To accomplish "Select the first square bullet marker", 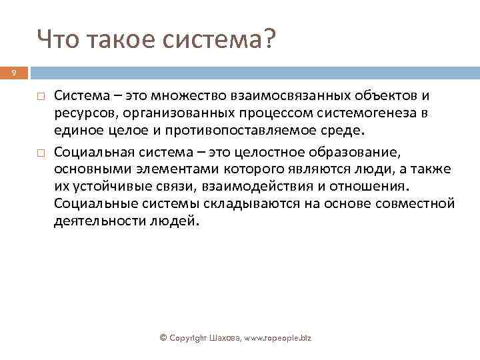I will [40, 97].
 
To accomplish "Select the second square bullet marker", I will [40, 151].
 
